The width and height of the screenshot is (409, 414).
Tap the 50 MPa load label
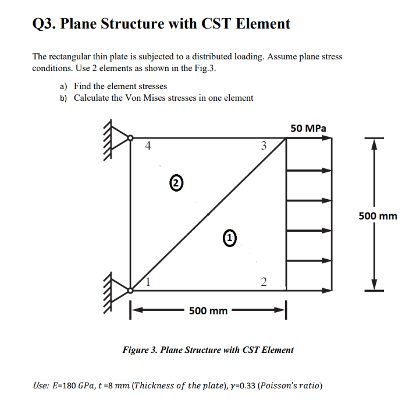coord(308,128)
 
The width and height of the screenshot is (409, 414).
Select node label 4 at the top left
coord(149,146)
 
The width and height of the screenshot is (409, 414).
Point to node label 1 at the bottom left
coord(149,282)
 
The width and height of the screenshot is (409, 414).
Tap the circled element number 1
coord(230,237)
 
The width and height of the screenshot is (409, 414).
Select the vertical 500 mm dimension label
coord(378,216)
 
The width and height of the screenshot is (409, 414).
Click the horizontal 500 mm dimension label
coord(208,311)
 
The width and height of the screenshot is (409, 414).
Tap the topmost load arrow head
coord(328,138)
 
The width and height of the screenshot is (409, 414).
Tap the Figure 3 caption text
coord(208,350)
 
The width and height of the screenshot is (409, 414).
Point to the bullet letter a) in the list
coord(63,86)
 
